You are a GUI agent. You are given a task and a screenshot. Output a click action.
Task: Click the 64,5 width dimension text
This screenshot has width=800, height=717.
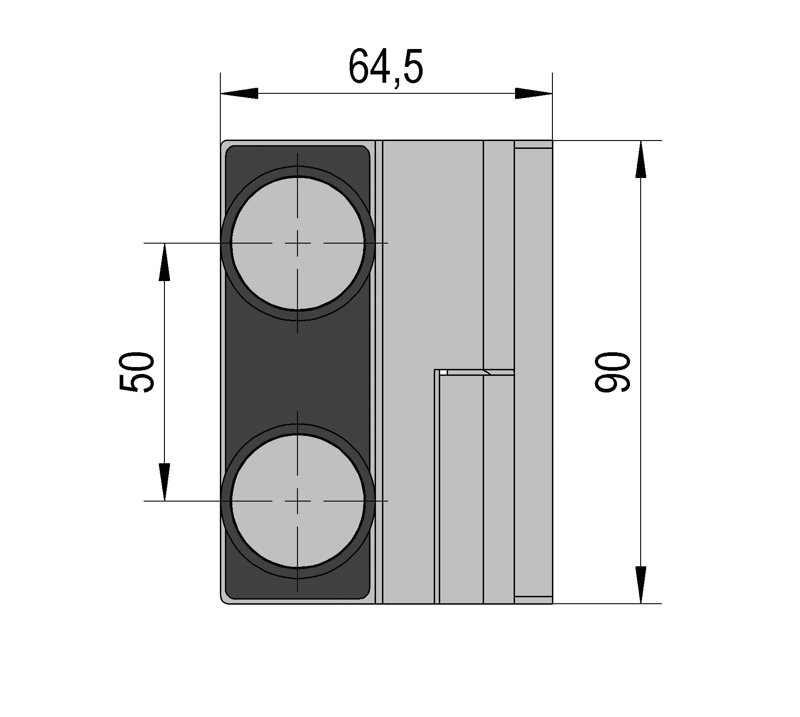(386, 67)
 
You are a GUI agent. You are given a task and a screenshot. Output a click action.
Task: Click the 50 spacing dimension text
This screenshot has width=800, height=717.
(137, 372)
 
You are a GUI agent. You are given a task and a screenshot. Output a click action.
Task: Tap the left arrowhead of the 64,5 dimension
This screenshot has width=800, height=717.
(239, 93)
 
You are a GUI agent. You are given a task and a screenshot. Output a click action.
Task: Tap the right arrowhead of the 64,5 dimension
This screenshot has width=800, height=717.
(533, 93)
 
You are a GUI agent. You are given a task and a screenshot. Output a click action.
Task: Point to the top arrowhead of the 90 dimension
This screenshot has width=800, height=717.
(641, 159)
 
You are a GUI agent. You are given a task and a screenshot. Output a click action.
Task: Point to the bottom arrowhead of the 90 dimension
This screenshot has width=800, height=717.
(641, 585)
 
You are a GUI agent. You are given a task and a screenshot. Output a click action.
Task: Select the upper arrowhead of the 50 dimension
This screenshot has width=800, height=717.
(164, 262)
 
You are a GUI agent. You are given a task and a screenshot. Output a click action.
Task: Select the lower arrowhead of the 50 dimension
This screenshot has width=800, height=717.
(164, 482)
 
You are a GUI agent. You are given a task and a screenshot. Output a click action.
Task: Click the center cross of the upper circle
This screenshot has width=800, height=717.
(297, 243)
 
